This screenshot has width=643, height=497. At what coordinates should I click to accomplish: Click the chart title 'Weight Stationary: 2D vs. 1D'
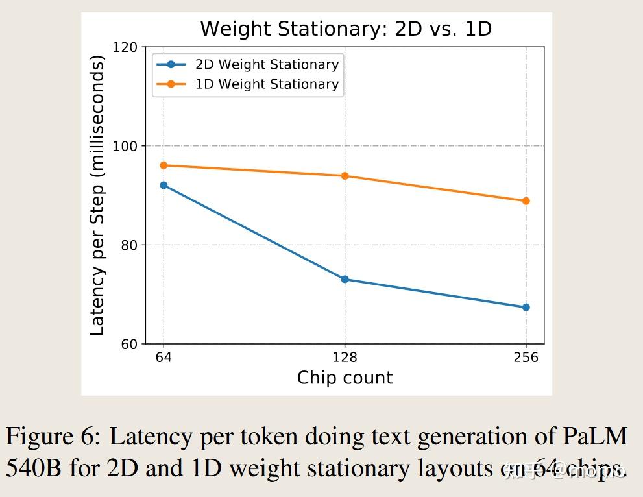click(345, 29)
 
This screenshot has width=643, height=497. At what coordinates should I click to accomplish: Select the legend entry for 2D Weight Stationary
click(267, 64)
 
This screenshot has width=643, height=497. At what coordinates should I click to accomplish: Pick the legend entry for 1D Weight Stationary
click(267, 84)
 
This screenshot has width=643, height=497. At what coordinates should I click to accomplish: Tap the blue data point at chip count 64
click(164, 186)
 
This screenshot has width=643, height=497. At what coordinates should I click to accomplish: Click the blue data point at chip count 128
click(345, 280)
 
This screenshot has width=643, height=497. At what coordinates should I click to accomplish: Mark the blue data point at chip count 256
click(526, 308)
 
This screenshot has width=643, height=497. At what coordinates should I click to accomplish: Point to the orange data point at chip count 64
click(164, 165)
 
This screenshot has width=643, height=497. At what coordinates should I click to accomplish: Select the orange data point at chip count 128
click(345, 176)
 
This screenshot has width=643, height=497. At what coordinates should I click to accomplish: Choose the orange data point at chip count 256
click(526, 201)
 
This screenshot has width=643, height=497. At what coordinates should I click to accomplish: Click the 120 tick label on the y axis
click(125, 47)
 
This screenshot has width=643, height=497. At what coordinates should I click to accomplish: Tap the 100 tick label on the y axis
click(125, 146)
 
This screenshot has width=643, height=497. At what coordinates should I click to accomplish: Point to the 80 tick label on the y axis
click(128, 245)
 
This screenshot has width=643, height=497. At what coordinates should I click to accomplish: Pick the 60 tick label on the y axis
click(128, 345)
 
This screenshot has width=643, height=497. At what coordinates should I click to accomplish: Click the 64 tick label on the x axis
click(164, 358)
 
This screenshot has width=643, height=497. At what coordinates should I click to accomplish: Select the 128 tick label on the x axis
click(345, 358)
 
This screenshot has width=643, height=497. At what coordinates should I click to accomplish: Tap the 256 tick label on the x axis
click(526, 358)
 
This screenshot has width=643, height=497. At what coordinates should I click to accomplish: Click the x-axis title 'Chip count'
click(345, 378)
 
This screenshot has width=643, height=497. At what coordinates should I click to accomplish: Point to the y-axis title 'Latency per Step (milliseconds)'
click(97, 195)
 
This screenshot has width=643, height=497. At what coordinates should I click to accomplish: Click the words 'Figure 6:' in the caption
click(53, 437)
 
